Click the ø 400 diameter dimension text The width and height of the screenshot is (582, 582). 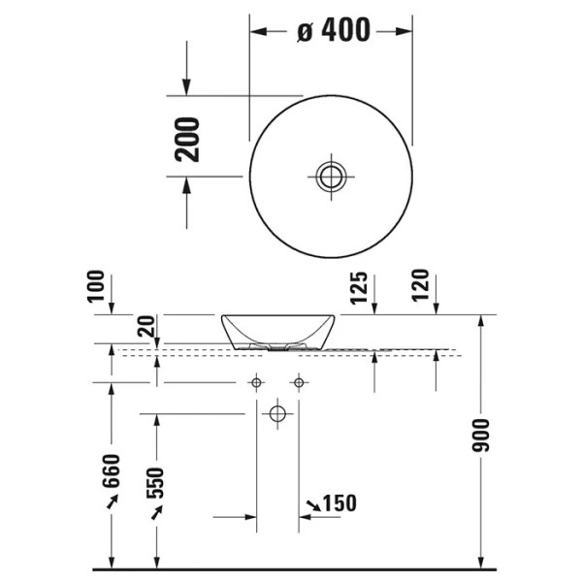[333, 31]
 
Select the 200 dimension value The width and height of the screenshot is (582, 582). [189, 138]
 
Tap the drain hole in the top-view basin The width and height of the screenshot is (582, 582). [331, 176]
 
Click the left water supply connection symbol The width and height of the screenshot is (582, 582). [257, 383]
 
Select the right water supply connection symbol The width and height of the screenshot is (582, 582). [299, 383]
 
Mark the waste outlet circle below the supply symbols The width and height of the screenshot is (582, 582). [278, 415]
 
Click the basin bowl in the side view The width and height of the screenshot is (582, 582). [278, 330]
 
